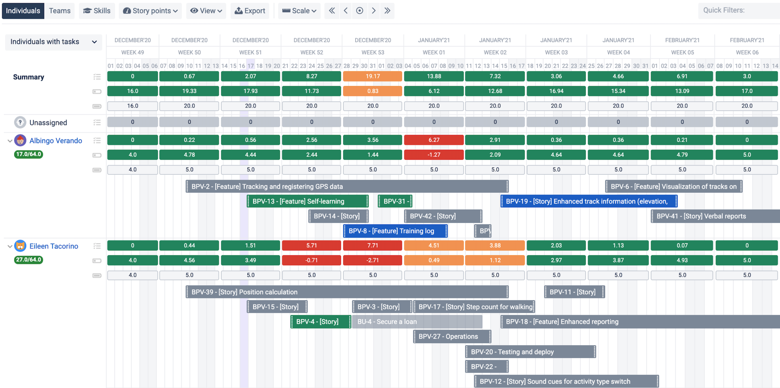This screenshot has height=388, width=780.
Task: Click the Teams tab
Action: pos(60,11)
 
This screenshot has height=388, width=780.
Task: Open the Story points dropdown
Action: pos(150,11)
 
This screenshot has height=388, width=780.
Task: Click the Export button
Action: pos(250,11)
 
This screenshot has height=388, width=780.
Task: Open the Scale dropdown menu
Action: pos(299,11)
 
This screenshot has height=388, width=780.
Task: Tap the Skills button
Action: pos(97,11)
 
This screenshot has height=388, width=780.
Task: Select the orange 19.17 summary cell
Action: pos(372,76)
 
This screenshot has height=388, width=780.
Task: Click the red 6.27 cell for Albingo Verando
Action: pos(434,140)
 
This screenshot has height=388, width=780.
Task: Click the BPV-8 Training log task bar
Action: pos(395,231)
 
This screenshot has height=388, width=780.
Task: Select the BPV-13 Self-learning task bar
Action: pos(308,201)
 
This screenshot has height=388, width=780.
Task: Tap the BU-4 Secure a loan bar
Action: pos(417,321)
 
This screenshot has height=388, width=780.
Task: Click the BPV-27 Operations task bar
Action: pos(452,337)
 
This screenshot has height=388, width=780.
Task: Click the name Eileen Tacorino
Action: pos(54,246)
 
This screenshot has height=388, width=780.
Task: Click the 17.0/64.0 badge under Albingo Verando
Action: pos(28,154)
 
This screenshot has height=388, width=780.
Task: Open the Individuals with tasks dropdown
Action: pos(53,42)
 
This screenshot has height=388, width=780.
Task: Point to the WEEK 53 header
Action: pos(372,52)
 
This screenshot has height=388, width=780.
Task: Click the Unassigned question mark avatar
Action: pos(20,122)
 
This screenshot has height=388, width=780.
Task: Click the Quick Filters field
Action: pos(739,11)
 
